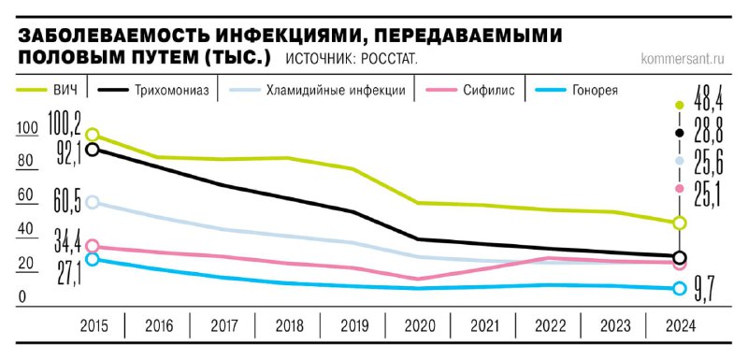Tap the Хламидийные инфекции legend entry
click(x=335, y=91)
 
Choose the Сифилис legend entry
click(x=487, y=91)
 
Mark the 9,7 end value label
click(x=704, y=292)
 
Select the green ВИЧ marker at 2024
click(x=680, y=223)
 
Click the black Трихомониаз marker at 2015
click(x=92, y=149)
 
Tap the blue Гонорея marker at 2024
click(x=680, y=288)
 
